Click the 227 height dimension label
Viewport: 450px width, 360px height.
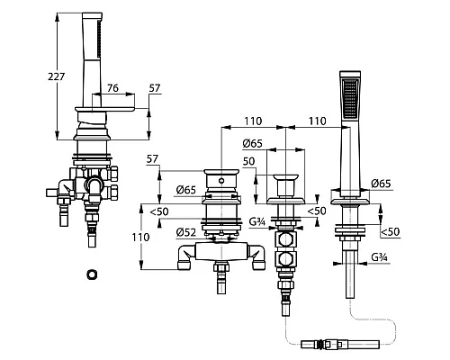point(57,76)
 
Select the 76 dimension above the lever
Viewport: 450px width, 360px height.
point(112,88)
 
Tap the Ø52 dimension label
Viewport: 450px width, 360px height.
point(186,232)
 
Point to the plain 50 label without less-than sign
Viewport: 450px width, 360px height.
point(248,162)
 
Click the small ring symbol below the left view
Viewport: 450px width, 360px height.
point(92,274)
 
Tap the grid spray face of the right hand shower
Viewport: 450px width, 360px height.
point(350,98)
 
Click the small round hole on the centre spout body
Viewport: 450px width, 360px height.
point(221,181)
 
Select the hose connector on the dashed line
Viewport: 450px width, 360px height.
point(340,344)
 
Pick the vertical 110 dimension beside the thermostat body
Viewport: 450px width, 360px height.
point(140,238)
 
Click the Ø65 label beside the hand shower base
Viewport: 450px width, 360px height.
point(381,184)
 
